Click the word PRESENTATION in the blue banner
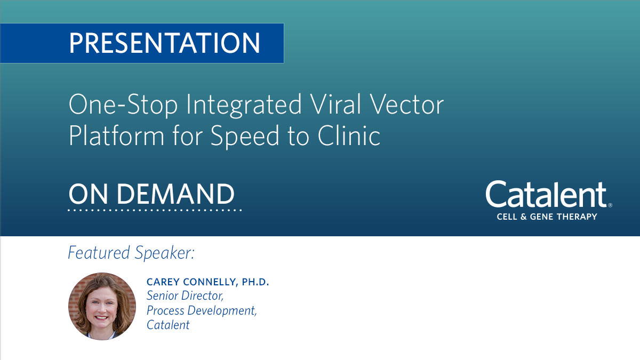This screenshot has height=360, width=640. (164, 43)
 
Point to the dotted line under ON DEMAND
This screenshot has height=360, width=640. (155, 210)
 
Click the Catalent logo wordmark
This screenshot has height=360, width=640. (546, 195)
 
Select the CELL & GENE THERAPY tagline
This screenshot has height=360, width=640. (547, 217)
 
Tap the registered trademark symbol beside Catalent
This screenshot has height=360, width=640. (610, 205)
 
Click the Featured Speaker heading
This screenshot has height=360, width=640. (131, 252)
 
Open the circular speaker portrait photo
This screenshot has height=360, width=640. (102, 306)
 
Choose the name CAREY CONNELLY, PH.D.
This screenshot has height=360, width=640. (207, 282)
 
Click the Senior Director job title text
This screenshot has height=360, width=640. (181, 296)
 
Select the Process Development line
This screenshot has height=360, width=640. (202, 310)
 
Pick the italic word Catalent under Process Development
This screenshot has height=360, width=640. (168, 325)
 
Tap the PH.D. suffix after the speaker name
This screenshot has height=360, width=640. (255, 282)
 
